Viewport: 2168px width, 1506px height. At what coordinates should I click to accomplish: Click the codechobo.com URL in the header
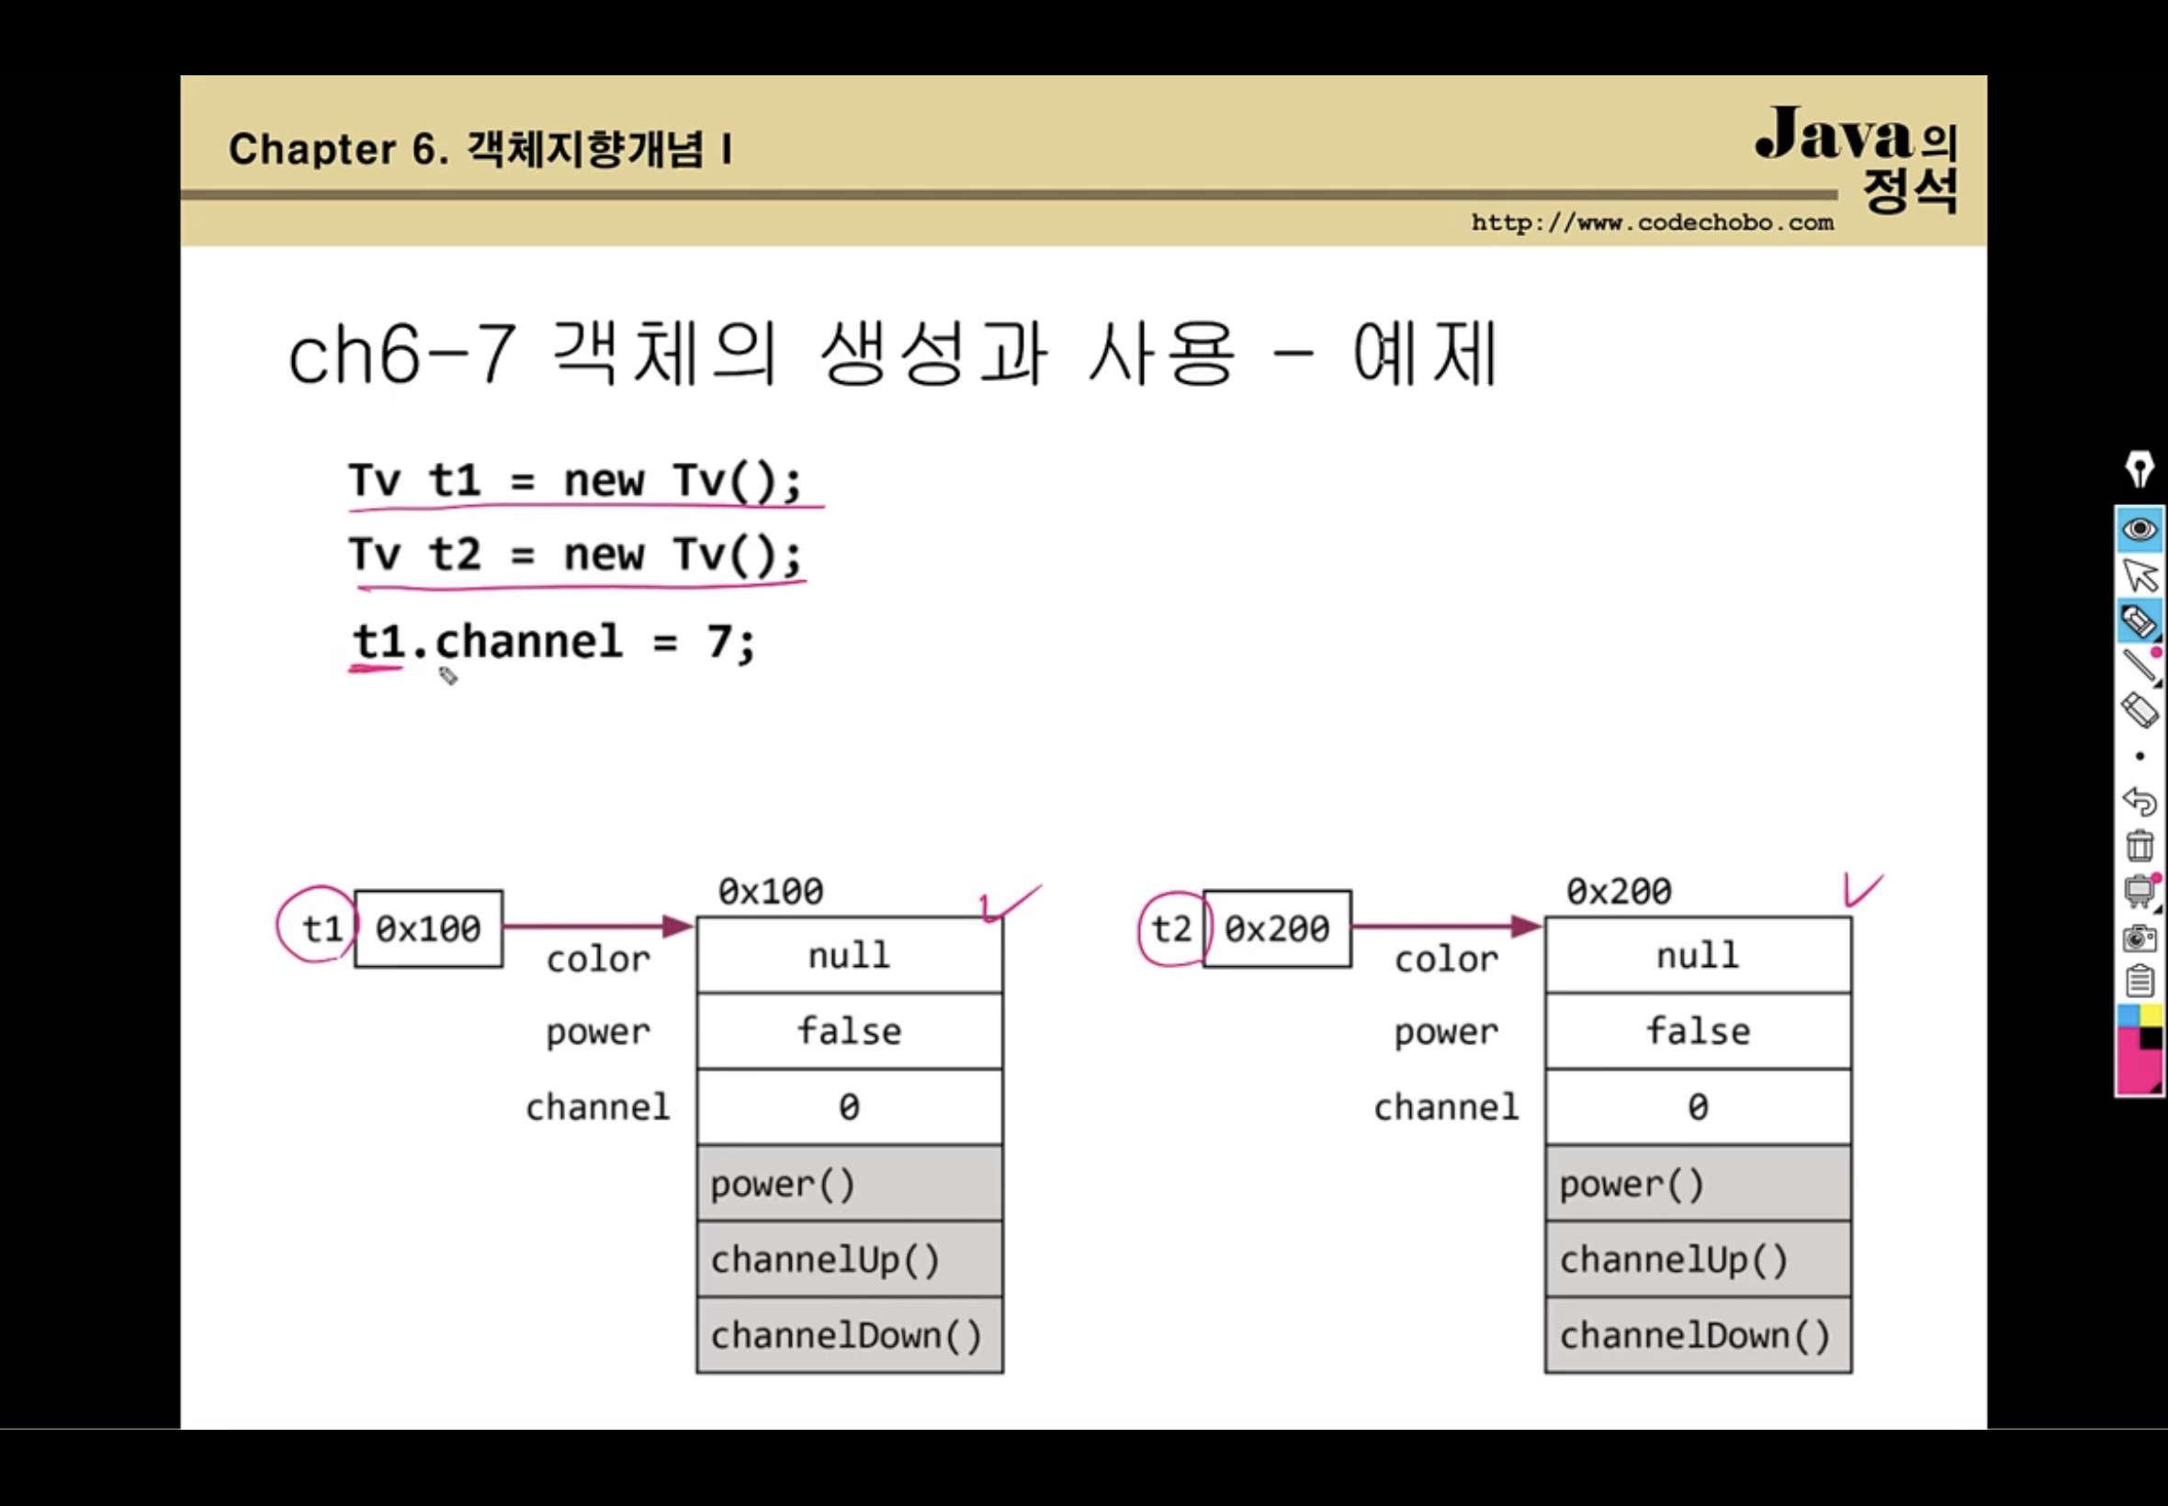click(x=1652, y=223)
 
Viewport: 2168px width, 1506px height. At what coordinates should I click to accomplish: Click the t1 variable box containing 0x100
click(x=428, y=929)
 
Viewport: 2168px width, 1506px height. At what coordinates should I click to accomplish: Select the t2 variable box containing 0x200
click(x=1277, y=929)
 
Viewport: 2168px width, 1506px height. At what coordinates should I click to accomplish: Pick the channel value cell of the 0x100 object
click(x=850, y=1107)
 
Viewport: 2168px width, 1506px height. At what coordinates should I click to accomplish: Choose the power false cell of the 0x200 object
click(x=1698, y=1031)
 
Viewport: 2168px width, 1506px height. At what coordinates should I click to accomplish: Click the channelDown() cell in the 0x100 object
click(x=850, y=1335)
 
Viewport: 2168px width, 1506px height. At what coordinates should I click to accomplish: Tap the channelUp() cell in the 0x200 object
click(x=1698, y=1260)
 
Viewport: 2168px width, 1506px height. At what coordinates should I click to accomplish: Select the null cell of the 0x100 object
click(x=850, y=955)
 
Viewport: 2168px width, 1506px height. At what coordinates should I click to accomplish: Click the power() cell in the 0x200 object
click(x=1698, y=1184)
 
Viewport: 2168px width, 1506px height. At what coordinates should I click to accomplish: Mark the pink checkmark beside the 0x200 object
click(x=1861, y=890)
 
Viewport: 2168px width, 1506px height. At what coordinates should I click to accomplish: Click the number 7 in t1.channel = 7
click(x=719, y=643)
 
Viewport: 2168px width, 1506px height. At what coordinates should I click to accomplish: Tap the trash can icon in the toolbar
click(x=2140, y=846)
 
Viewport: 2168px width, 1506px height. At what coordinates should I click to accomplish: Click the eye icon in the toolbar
click(x=2139, y=528)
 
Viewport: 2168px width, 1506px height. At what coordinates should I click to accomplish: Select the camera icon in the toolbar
click(x=2140, y=938)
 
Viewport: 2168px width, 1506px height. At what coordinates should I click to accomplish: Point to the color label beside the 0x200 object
click(x=1446, y=960)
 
